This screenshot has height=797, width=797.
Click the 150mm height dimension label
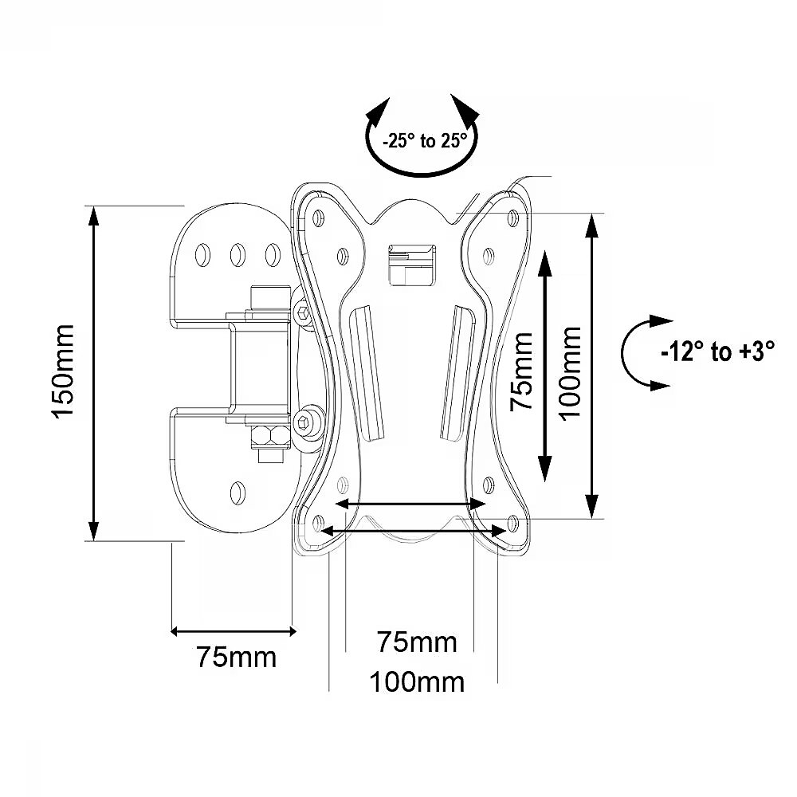pos(64,371)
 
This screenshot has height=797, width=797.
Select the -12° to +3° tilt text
pos(717,352)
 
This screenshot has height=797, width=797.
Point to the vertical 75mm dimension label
pos(522,371)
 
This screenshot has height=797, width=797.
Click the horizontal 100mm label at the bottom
pos(416,681)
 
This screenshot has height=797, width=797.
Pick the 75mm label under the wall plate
pos(236,658)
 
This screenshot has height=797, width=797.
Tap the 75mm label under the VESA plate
pos(417,642)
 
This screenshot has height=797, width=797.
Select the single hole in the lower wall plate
pos(237,491)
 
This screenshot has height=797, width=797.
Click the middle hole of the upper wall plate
pos(237,253)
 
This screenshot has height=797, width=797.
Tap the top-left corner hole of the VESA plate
pos(320,216)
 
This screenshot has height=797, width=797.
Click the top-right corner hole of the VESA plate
pos(512,214)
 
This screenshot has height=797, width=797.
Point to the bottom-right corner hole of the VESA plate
pos(512,524)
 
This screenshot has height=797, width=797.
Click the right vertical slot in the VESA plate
pos(458,371)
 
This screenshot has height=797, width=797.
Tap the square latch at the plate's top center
pos(411,263)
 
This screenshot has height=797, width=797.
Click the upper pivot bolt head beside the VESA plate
pos(303,312)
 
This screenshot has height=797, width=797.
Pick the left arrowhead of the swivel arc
pos(380,109)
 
